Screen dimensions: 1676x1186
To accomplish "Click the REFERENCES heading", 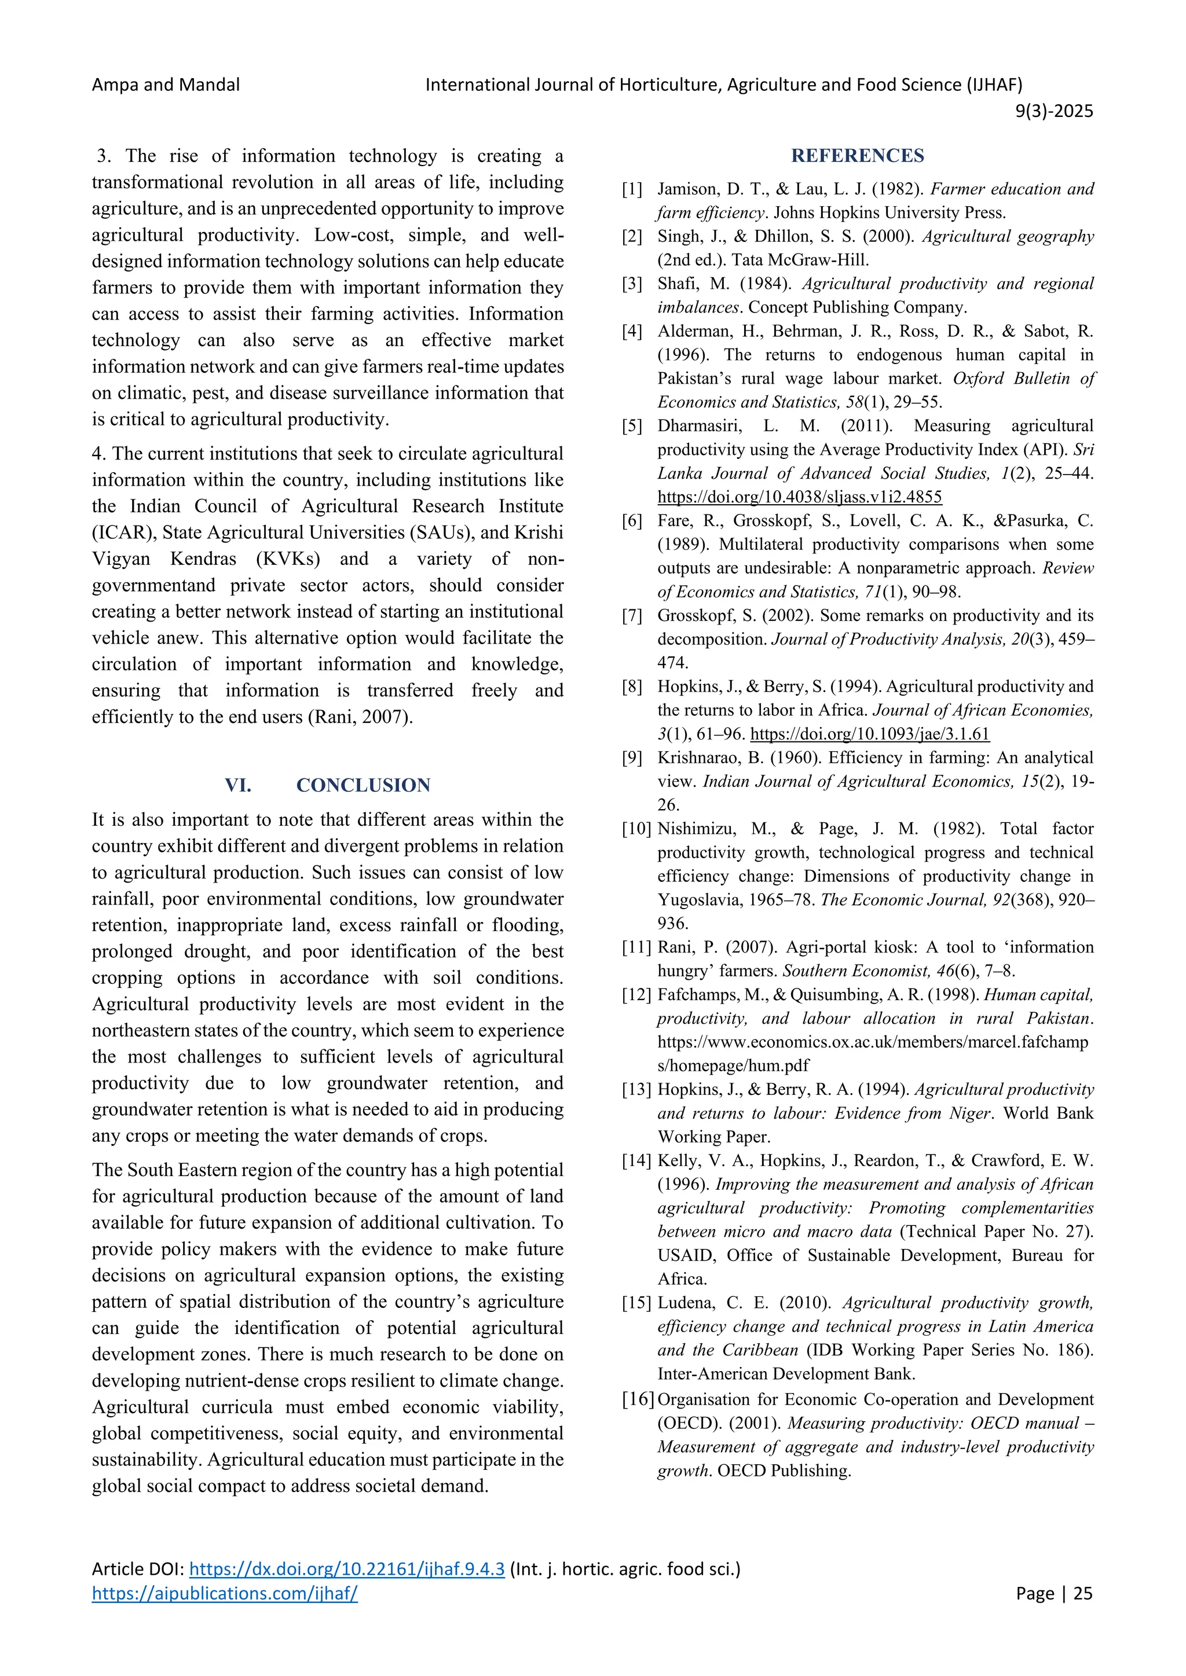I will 858,156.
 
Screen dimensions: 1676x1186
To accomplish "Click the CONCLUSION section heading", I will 363,785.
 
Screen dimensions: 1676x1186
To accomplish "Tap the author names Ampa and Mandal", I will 166,84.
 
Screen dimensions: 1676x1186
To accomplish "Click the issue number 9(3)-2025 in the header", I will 1054,111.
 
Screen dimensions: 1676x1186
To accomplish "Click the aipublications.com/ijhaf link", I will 224,1593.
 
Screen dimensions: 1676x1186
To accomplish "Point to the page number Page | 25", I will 1054,1593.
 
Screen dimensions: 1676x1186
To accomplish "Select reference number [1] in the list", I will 632,190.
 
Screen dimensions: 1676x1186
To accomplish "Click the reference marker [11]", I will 635,947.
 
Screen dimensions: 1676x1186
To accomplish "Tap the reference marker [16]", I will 637,1399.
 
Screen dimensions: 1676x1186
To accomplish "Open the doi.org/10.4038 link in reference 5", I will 799,497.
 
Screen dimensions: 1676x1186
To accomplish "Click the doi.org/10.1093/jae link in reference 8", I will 869,734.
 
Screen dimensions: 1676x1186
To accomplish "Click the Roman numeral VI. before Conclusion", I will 238,785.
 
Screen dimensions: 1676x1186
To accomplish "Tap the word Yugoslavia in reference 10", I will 700,900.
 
